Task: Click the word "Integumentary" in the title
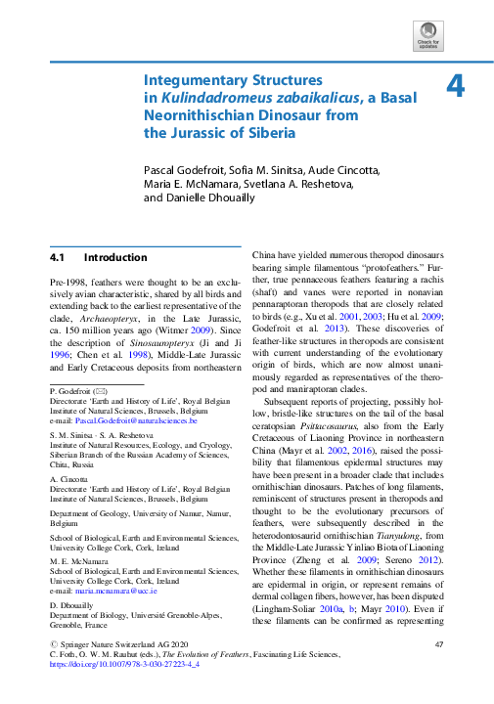[x=191, y=80]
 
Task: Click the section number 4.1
[x=57, y=258]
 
